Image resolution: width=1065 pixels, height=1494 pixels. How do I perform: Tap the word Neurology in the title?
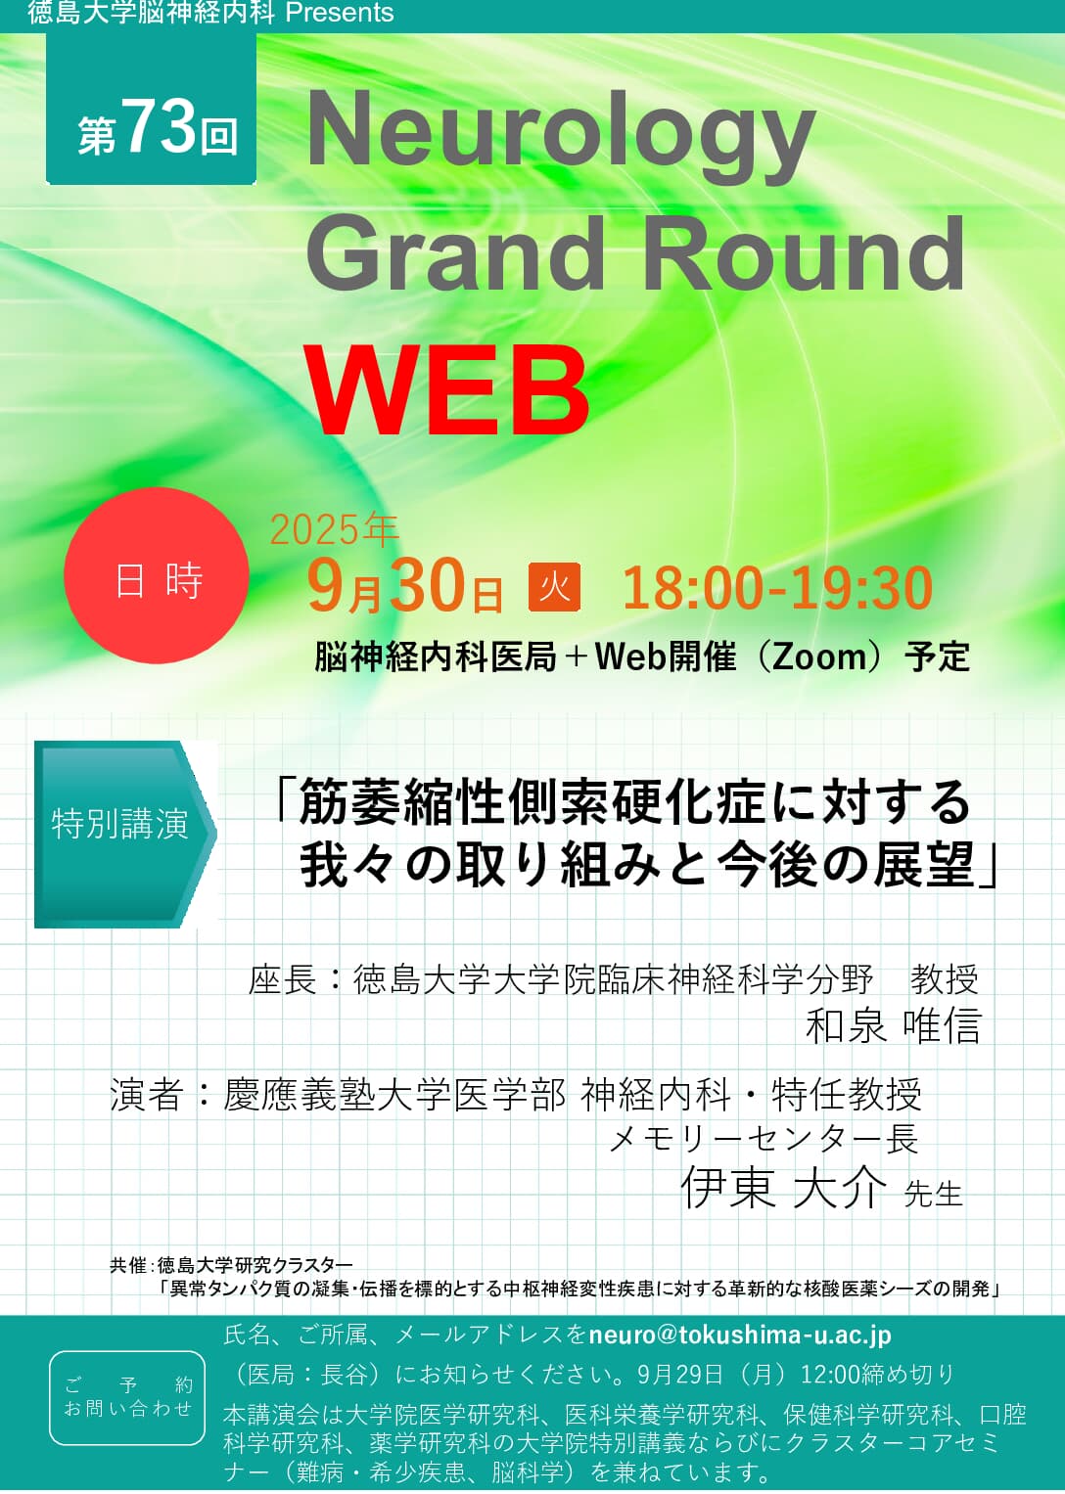(x=561, y=136)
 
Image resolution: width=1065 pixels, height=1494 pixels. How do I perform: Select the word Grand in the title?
(x=456, y=254)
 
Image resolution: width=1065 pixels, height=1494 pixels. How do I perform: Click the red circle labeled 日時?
(x=157, y=578)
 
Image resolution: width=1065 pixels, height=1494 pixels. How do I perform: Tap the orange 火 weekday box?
(x=554, y=587)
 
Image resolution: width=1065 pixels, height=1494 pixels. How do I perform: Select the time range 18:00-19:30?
(x=777, y=588)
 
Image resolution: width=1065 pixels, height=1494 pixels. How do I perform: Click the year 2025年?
(x=334, y=530)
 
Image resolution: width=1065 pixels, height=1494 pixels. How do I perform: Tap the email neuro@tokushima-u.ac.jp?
(x=740, y=1336)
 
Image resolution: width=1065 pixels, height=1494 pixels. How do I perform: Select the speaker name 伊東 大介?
(x=783, y=1189)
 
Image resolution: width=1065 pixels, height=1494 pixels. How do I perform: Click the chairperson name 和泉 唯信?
(x=893, y=1026)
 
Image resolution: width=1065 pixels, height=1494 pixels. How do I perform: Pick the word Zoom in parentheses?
(x=820, y=656)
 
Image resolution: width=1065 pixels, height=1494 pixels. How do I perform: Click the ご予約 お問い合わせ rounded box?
(x=127, y=1396)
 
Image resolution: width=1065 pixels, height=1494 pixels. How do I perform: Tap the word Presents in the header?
(x=339, y=13)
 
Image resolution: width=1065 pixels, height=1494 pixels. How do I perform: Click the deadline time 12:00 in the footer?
(x=829, y=1375)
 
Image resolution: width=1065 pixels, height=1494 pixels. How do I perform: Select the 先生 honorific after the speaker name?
(x=933, y=1195)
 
